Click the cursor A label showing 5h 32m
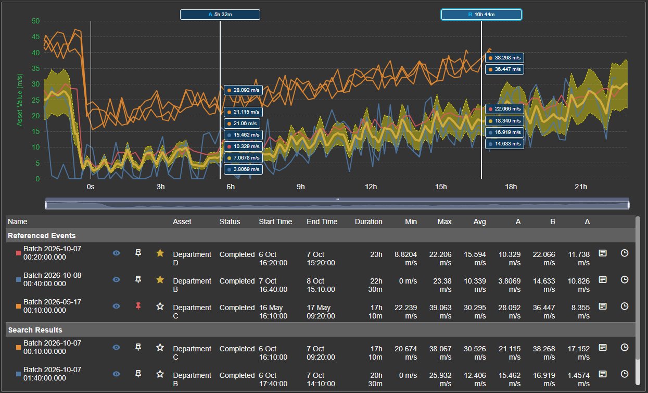click(220, 15)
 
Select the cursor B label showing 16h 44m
click(481, 15)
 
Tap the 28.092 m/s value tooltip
click(243, 90)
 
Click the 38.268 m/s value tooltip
click(504, 58)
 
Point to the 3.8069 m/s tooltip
click(243, 169)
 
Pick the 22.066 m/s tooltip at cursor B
click(504, 109)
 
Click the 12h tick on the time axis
click(371, 187)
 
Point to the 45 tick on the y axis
click(35, 37)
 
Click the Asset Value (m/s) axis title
click(19, 100)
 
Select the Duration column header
click(369, 222)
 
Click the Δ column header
click(587, 222)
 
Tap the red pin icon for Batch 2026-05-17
click(138, 306)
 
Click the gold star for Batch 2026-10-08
click(160, 280)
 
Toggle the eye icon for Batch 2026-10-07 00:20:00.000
click(116, 253)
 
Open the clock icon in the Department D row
click(625, 253)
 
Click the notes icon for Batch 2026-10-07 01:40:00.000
click(603, 374)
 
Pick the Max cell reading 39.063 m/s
click(440, 312)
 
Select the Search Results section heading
click(35, 330)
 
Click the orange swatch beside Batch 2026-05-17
click(18, 306)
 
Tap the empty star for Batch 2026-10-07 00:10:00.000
click(160, 348)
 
